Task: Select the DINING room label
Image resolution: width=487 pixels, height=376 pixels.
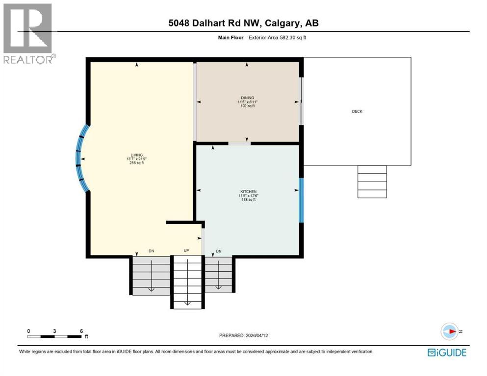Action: tap(247, 97)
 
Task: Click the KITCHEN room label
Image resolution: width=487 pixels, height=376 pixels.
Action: tap(248, 191)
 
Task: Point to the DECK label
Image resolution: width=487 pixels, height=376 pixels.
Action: tap(357, 112)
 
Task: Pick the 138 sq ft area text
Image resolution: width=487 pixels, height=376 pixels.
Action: tap(248, 200)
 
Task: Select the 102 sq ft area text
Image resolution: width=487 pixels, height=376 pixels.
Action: tap(247, 106)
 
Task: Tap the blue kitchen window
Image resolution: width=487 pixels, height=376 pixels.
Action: tap(301, 199)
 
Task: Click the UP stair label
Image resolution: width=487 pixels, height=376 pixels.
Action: tap(186, 251)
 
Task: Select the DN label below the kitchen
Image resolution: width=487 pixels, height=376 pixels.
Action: tap(219, 251)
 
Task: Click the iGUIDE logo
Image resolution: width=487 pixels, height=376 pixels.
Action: tap(447, 352)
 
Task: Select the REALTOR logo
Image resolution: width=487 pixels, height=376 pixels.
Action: tap(28, 33)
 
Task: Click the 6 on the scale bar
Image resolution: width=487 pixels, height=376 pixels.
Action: tap(81, 330)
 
